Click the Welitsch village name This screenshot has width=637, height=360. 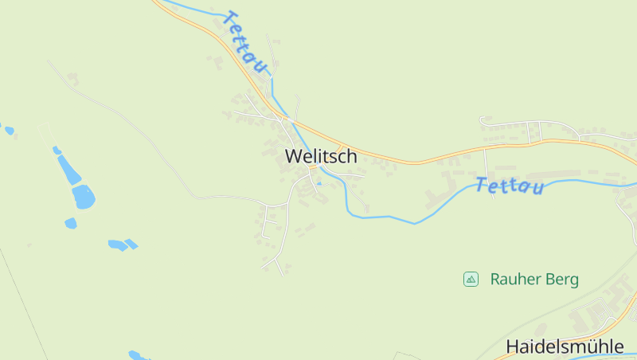[x=321, y=156]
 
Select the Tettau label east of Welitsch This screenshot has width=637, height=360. [x=510, y=186]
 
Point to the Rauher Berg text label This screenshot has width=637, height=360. [x=534, y=280]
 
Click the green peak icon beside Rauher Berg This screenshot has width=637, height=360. [x=471, y=279]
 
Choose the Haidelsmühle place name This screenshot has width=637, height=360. [x=565, y=346]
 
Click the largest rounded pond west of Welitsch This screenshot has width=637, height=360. [x=84, y=196]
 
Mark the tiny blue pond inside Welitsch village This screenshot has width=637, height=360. [x=319, y=184]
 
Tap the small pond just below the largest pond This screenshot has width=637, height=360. [x=71, y=224]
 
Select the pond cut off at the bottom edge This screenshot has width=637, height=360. [x=137, y=355]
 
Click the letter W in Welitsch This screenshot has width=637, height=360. [x=293, y=156]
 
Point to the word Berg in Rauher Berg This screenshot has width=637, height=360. [x=562, y=280]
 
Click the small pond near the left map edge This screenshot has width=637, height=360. [x=9, y=130]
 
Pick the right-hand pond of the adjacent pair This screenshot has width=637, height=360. [x=131, y=244]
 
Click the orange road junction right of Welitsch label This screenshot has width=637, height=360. [x=340, y=149]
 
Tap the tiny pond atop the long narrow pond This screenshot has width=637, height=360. [x=57, y=150]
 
